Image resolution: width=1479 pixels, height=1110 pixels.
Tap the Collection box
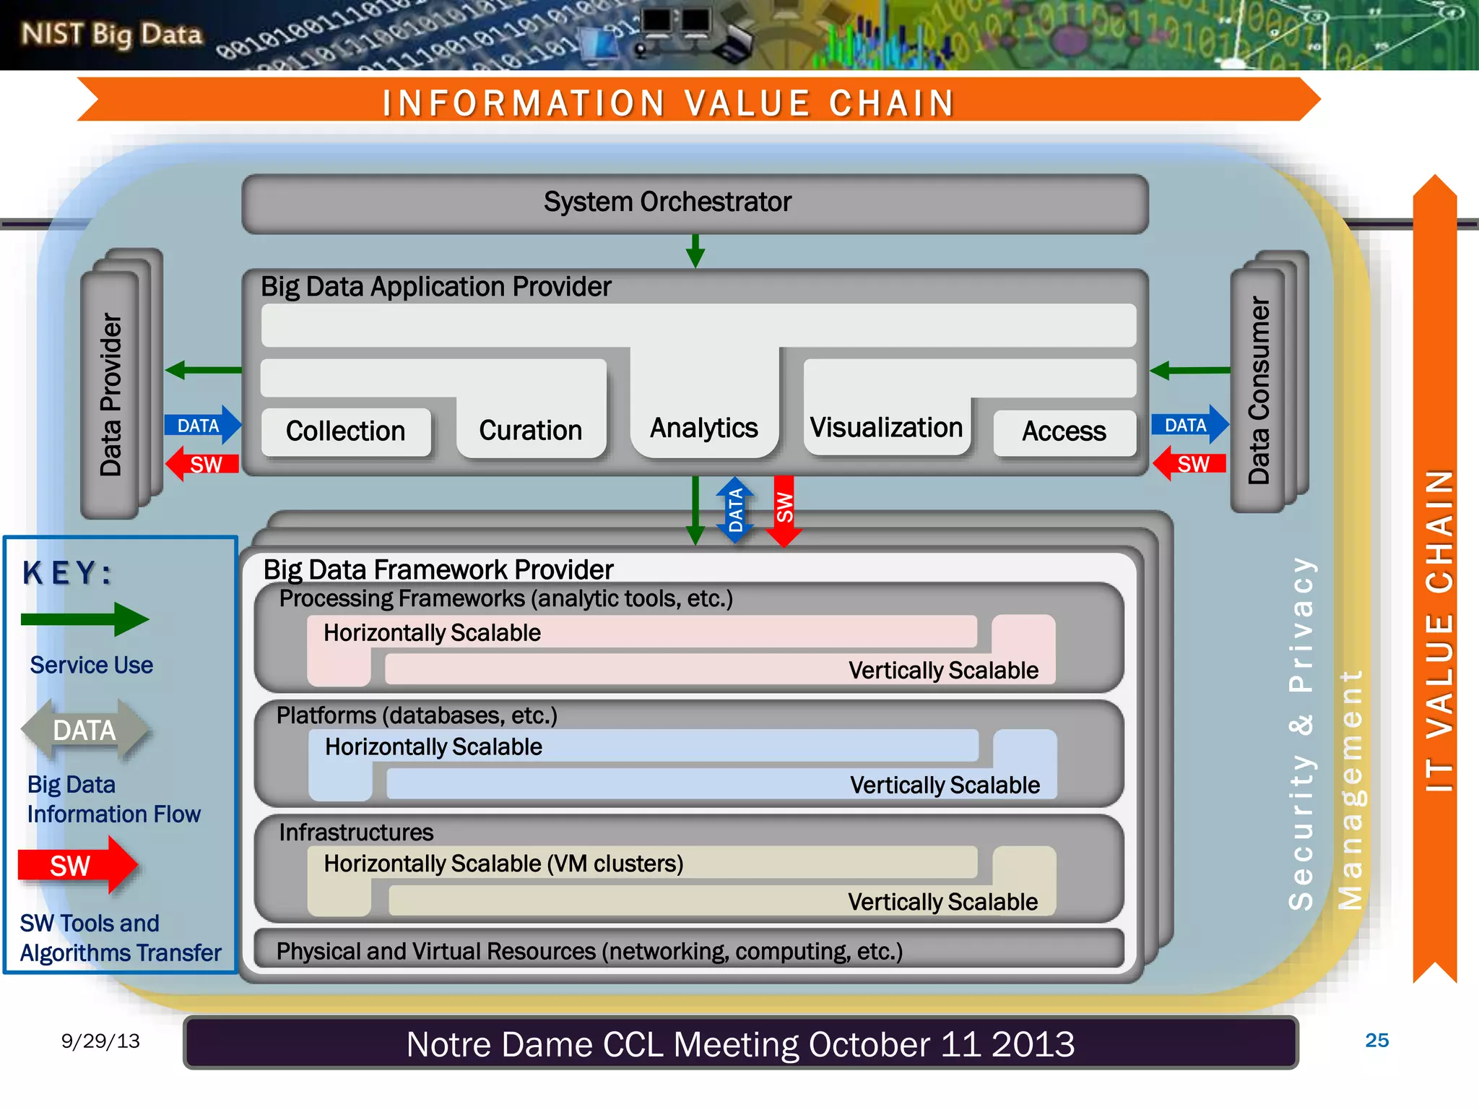(x=346, y=431)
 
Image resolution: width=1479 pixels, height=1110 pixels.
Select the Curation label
(x=530, y=431)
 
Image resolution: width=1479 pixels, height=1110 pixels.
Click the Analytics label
(x=704, y=428)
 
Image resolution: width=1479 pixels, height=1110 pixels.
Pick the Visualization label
(x=886, y=428)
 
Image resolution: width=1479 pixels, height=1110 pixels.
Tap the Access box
(x=1064, y=431)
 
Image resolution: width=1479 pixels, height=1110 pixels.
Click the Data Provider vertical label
(x=110, y=395)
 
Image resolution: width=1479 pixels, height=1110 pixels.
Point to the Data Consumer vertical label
(x=1259, y=390)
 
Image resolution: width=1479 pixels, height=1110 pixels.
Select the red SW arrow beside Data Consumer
(x=1189, y=463)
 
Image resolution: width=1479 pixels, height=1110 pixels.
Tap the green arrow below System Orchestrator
(x=695, y=251)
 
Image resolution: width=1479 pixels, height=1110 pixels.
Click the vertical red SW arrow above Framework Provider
(x=784, y=510)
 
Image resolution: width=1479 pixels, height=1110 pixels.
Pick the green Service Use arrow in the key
(x=84, y=619)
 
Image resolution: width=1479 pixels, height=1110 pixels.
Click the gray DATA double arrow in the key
(x=85, y=730)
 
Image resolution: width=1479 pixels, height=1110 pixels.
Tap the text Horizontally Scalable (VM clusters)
(x=503, y=864)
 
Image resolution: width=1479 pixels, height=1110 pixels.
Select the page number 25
(x=1376, y=1041)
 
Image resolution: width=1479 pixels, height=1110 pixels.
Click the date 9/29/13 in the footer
(x=100, y=1041)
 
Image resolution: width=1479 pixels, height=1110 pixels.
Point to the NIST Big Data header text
(x=111, y=34)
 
